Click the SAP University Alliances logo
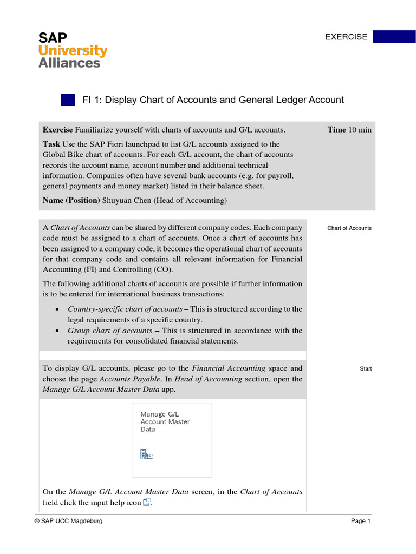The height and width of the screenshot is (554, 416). [72, 50]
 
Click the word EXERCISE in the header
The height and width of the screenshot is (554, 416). [346, 37]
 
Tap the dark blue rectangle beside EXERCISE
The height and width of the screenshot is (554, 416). [394, 37]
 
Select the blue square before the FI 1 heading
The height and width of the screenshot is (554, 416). [68, 100]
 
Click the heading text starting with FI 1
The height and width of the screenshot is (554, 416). [213, 100]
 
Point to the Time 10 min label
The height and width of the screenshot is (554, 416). [349, 130]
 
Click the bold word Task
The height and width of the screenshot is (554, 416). [52, 144]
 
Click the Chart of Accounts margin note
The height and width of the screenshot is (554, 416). [349, 228]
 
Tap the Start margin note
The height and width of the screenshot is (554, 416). [366, 369]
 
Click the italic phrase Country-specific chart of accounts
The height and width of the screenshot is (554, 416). [125, 309]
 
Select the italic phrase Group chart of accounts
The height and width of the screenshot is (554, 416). [109, 331]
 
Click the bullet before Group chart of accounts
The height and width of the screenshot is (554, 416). [57, 331]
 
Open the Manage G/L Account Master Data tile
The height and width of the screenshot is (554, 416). [172, 440]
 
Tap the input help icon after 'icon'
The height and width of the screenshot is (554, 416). [147, 503]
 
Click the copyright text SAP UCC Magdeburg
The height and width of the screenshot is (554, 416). [68, 521]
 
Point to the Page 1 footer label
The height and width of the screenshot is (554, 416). [360, 521]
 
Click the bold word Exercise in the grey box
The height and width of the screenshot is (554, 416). [57, 130]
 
